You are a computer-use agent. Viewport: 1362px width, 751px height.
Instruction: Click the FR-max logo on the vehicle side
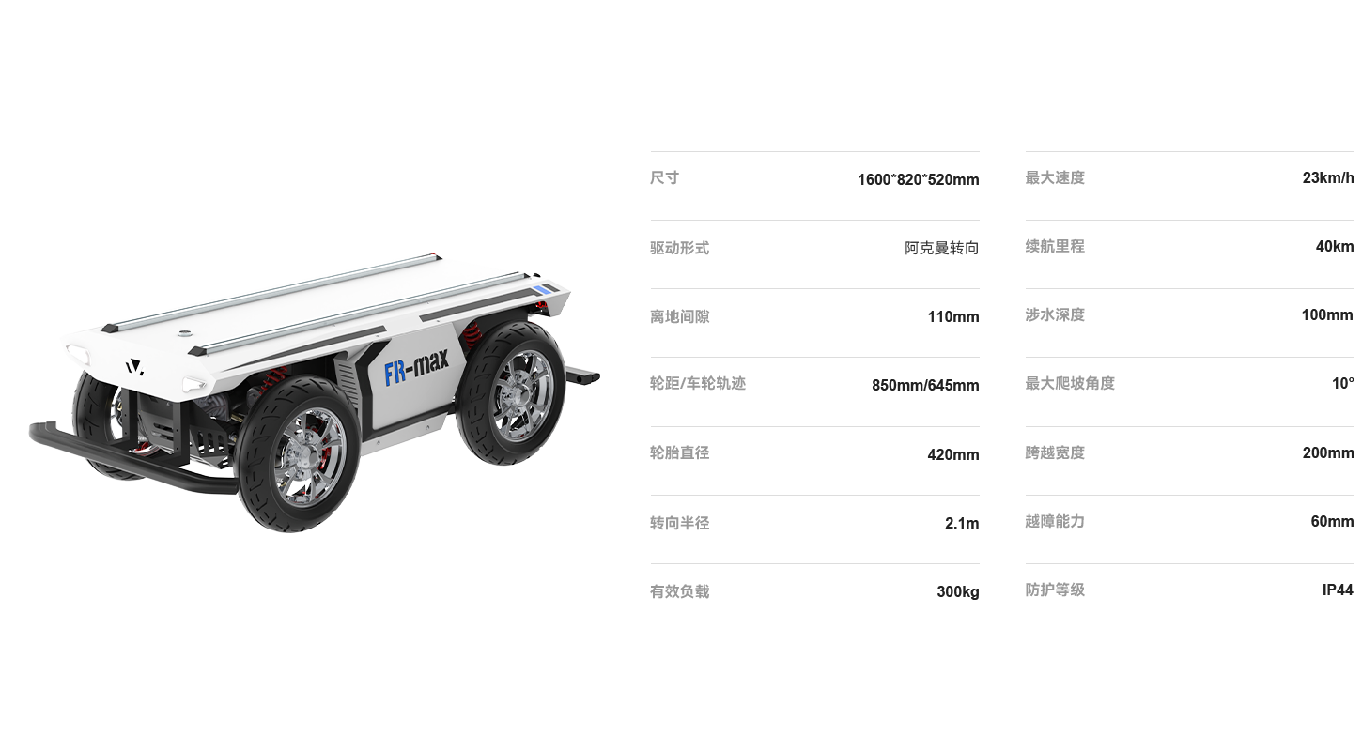[416, 366]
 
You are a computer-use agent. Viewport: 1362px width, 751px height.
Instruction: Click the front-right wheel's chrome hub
[308, 455]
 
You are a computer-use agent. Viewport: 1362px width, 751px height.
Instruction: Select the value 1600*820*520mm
[918, 180]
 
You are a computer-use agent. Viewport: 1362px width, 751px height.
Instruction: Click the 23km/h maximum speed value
[1328, 178]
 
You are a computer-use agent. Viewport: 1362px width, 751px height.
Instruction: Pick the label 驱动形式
[679, 248]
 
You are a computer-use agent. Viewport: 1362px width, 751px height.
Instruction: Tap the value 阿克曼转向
[942, 248]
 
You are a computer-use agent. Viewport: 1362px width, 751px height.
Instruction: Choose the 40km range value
[1335, 246]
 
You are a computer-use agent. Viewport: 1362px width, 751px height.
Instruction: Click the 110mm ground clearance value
[953, 316]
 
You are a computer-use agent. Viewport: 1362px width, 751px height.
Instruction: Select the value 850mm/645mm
[925, 385]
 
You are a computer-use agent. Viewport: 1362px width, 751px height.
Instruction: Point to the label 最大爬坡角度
[1070, 383]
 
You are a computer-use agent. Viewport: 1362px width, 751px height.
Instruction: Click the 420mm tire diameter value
[953, 454]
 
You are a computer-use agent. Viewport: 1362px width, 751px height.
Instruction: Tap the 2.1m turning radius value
[962, 523]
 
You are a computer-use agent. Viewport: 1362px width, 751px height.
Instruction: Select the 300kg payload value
[958, 591]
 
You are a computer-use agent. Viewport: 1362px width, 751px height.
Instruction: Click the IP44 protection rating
[1338, 590]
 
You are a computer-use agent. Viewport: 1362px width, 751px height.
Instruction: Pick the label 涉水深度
[1055, 314]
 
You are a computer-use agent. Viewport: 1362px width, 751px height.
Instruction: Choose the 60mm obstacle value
[1332, 521]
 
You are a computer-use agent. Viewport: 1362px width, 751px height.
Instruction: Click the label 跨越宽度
[1055, 452]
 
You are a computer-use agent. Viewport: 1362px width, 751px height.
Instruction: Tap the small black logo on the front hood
[134, 367]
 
